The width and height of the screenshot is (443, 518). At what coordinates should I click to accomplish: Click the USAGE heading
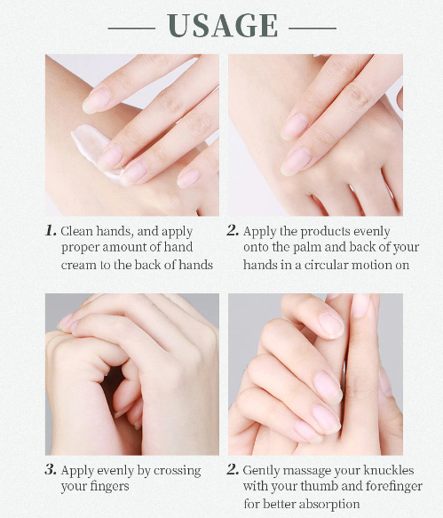(x=222, y=26)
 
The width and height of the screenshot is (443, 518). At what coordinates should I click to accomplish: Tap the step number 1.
(x=51, y=231)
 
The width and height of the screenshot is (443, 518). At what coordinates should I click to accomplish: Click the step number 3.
(x=51, y=469)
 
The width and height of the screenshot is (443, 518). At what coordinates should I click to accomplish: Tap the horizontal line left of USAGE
(x=132, y=28)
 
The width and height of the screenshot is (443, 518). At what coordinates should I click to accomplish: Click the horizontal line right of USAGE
(x=312, y=28)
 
